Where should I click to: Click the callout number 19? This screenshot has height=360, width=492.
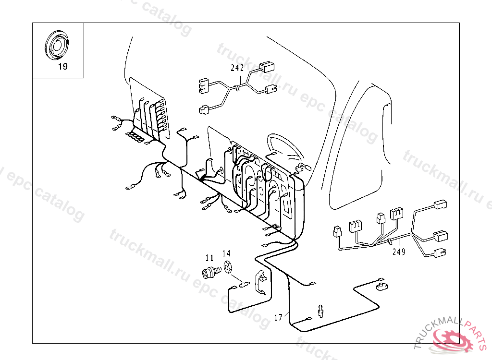pos(63,67)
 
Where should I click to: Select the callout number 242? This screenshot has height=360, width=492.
pos(237,68)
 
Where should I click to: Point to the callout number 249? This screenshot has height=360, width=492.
pos(398,251)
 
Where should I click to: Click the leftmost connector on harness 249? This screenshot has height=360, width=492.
pos(336,233)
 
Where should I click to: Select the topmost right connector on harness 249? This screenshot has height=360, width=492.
pos(440,205)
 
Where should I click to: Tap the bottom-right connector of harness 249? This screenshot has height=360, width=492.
pos(440,252)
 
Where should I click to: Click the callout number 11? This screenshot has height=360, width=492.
pos(209,258)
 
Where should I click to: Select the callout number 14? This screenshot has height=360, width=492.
pos(226,253)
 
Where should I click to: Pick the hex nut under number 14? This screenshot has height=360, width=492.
pos(228,264)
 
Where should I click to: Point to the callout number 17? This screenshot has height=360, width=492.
pos(278,317)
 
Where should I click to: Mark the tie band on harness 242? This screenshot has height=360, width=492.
pos(236,88)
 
